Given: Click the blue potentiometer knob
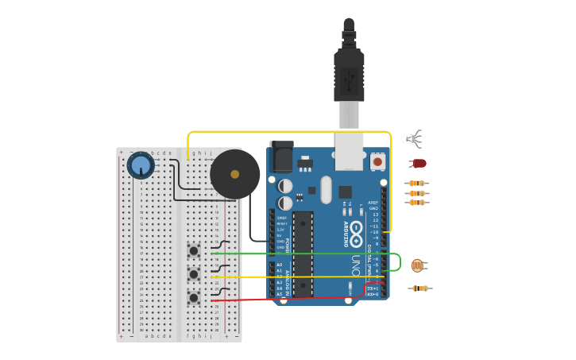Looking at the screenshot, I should pyautogui.click(x=141, y=165).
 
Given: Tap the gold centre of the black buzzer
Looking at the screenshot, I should pyautogui.click(x=234, y=174).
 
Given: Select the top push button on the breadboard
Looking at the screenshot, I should pyautogui.click(x=194, y=250).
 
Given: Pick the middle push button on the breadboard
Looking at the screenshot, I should pyautogui.click(x=194, y=274).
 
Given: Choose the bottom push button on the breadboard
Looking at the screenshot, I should pyautogui.click(x=194, y=298).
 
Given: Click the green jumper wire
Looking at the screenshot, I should pyautogui.click(x=302, y=254).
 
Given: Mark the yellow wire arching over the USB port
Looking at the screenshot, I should pyautogui.click(x=286, y=132).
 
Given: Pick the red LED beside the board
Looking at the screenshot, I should pyautogui.click(x=419, y=164).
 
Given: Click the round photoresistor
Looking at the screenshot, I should pyautogui.click(x=418, y=265).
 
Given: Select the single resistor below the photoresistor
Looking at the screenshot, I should pyautogui.click(x=420, y=288).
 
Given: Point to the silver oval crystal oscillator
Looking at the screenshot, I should pyautogui.click(x=326, y=189).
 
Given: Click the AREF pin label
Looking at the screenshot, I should pyautogui.click(x=373, y=203).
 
